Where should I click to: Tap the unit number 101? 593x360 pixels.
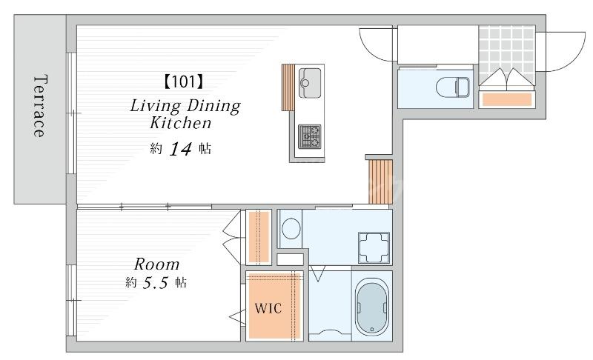183,81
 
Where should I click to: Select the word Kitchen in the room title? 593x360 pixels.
180,123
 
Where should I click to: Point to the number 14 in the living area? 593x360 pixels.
180,149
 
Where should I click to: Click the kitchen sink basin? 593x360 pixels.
310,83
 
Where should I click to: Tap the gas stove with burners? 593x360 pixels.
309,136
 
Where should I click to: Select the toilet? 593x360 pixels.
452,87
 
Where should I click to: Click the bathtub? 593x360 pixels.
372,307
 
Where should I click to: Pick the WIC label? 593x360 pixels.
268,308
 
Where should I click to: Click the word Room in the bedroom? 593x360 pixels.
156,264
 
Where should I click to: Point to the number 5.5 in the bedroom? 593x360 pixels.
155,282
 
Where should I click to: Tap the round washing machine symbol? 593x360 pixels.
291,229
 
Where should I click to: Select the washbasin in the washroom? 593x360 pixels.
374,247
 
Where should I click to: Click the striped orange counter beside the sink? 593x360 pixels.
288,87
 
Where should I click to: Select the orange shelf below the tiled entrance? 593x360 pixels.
507,99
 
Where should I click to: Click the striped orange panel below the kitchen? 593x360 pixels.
380,182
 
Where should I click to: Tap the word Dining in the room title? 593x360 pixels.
213,106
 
